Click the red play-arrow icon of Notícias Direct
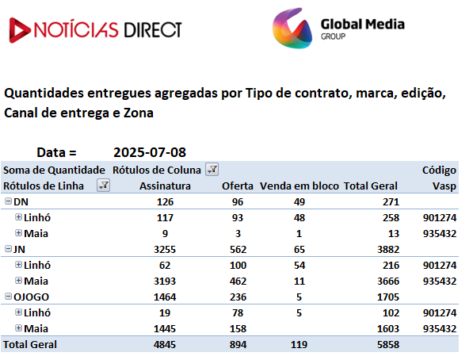click(19, 30)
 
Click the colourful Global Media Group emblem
click(292, 28)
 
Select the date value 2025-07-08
click(150, 152)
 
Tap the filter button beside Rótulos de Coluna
click(212, 170)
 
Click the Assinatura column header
click(165, 186)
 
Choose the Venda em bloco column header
click(299, 186)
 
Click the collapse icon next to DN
click(9, 201)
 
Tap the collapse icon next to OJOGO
click(9, 297)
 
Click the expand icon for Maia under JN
click(19, 281)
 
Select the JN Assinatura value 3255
click(165, 250)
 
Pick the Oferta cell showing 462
click(238, 281)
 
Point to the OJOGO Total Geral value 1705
click(388, 297)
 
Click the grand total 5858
click(388, 345)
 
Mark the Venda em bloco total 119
click(299, 345)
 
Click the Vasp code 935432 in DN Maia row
click(440, 234)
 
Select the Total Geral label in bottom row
click(30, 345)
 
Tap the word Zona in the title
click(139, 113)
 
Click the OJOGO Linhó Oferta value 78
click(238, 313)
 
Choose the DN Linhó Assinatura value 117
click(165, 218)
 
